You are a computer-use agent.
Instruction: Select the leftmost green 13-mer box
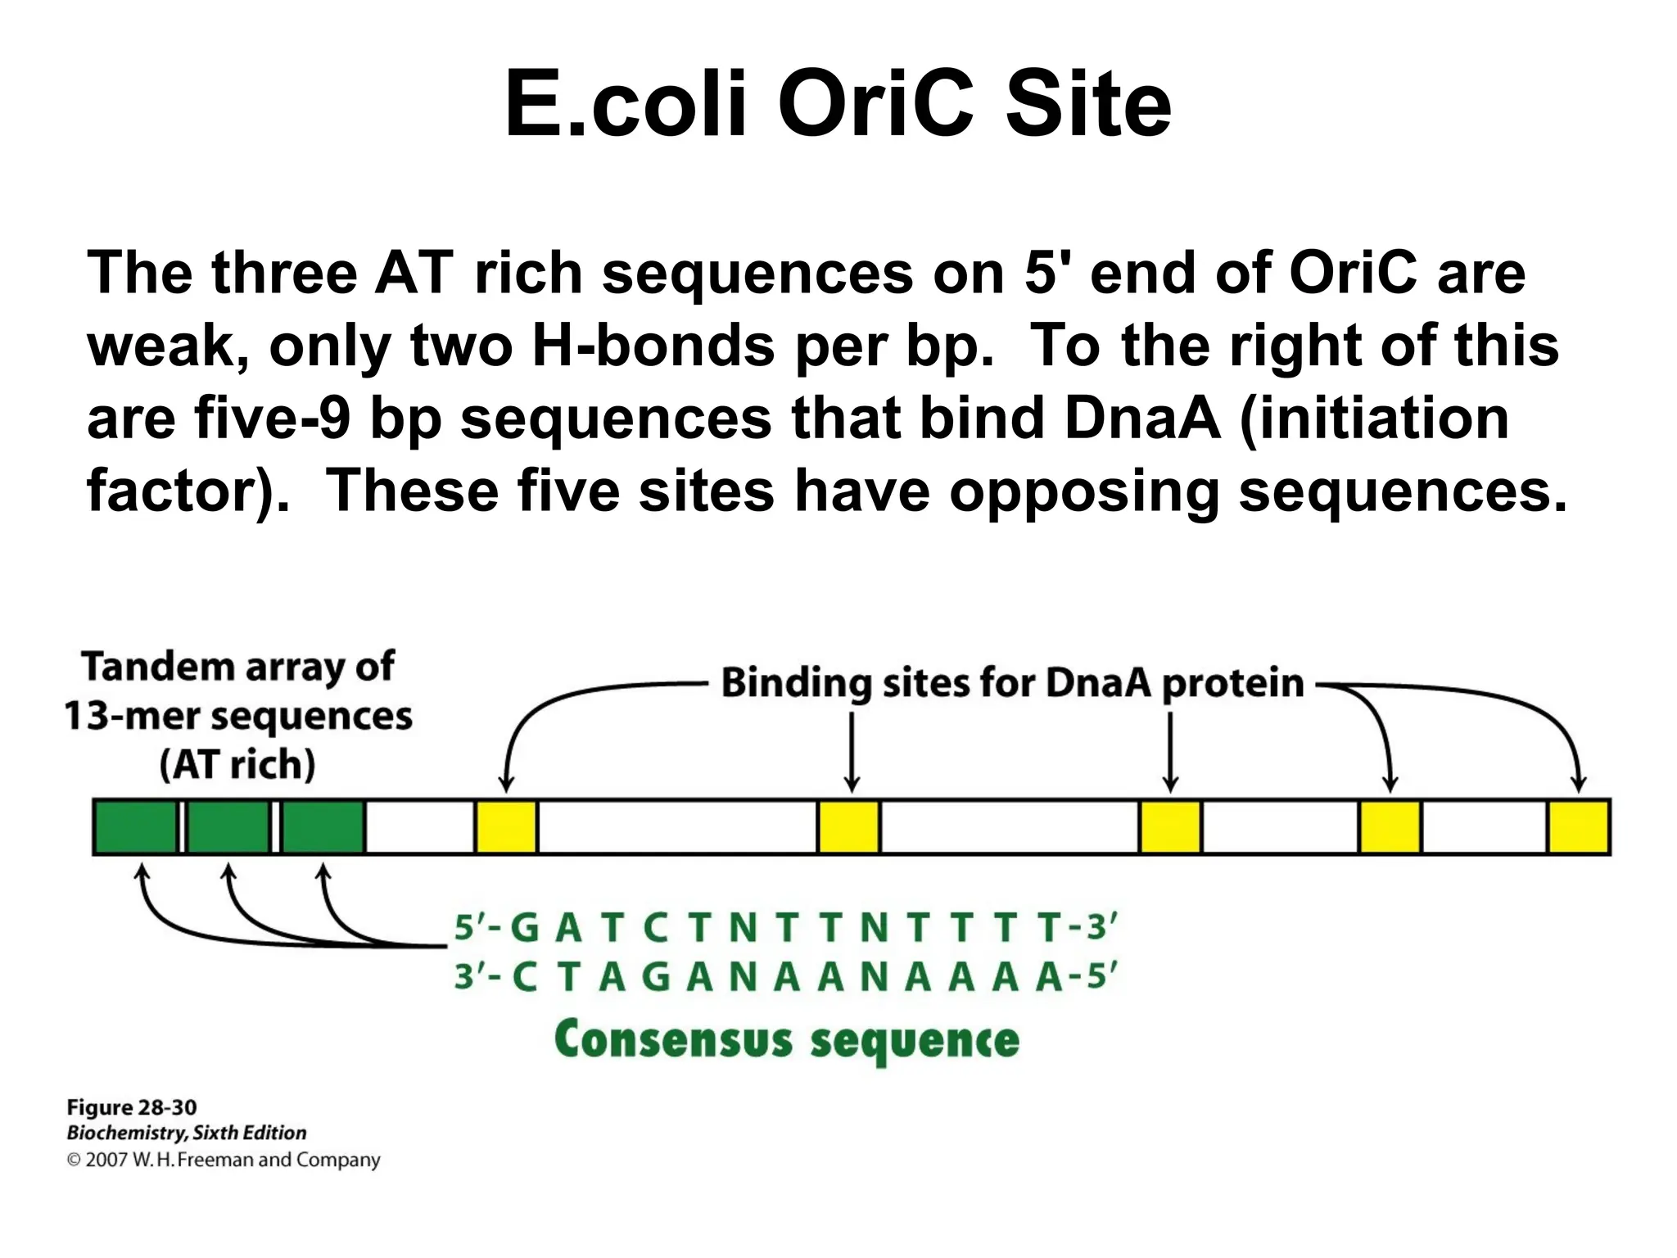pos(135,827)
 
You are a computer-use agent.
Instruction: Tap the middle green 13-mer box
pos(228,827)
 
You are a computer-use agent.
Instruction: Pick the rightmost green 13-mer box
pos(323,827)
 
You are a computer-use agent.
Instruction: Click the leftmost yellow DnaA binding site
pos(506,827)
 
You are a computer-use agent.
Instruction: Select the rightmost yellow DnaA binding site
pos(1578,827)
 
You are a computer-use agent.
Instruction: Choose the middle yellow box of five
pos(1170,827)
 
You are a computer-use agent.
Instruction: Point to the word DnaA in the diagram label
pos(1097,683)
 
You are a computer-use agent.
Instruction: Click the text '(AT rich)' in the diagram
pos(237,765)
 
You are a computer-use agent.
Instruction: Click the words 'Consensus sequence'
pos(786,1041)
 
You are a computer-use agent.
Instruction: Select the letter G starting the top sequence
pos(524,929)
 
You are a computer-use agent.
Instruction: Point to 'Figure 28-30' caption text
pos(131,1107)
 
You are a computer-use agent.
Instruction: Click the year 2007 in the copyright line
pos(106,1160)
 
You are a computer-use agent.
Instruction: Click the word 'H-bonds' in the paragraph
pos(653,345)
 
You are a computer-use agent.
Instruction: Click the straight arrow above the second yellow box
pos(852,749)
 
